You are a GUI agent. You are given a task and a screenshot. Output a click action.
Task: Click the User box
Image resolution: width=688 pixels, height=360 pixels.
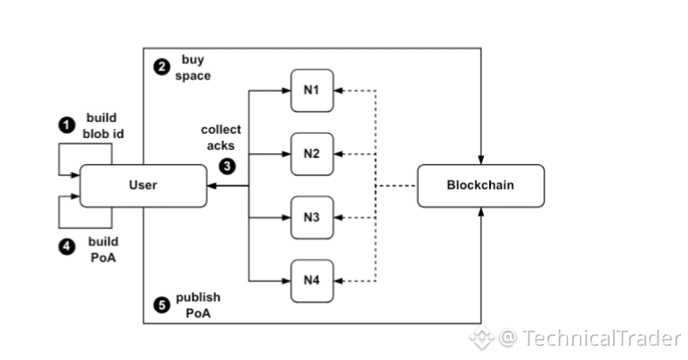[143, 185]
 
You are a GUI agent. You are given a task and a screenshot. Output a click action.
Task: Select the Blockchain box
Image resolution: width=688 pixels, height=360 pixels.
[480, 185]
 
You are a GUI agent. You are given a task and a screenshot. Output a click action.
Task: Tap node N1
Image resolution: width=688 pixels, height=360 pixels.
[311, 90]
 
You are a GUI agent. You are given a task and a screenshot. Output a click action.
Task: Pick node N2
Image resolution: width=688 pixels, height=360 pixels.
[311, 153]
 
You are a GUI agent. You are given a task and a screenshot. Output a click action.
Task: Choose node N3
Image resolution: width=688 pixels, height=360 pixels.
[311, 217]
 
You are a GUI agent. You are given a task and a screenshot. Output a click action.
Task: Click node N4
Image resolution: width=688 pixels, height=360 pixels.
[311, 280]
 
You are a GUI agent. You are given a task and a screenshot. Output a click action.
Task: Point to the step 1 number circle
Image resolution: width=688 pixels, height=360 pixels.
[66, 125]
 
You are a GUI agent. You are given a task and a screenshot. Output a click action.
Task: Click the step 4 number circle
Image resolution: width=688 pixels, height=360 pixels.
[66, 247]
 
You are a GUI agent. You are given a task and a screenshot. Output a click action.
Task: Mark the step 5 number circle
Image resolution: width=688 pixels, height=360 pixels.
[161, 304]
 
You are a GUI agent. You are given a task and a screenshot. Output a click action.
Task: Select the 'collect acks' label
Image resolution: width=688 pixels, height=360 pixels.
[220, 136]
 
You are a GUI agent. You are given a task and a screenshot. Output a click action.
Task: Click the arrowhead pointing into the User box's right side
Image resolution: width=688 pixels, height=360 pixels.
[210, 185]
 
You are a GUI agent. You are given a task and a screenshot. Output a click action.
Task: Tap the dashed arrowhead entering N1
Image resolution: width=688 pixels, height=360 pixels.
[338, 90]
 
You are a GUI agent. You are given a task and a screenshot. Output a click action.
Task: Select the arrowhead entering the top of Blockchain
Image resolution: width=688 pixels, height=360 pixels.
[480, 160]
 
